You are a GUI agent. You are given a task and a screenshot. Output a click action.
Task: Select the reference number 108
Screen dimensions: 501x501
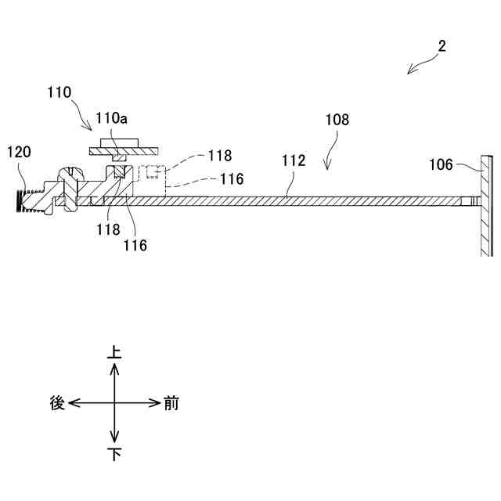(337, 121)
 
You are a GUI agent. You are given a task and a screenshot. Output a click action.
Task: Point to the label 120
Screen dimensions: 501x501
(20, 151)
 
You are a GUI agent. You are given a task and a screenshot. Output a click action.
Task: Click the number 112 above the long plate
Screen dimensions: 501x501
(294, 161)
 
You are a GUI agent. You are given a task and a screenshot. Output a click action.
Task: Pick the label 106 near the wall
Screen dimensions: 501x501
(442, 164)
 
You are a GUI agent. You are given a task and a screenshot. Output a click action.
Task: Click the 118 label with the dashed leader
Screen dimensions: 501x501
(219, 156)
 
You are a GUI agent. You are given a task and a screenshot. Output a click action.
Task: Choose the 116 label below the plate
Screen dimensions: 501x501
(134, 244)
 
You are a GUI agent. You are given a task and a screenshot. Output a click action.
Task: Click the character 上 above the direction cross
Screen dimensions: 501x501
(114, 354)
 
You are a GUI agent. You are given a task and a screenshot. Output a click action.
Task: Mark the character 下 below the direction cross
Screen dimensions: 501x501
(114, 454)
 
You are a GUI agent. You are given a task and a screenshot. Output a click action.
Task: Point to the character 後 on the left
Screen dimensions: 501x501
(57, 403)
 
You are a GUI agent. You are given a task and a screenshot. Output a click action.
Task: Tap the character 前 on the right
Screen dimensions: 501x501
(171, 403)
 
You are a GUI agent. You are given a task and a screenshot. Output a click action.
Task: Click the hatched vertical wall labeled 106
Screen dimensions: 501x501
(486, 204)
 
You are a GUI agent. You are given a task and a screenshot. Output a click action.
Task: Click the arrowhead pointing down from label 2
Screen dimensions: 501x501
(409, 72)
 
